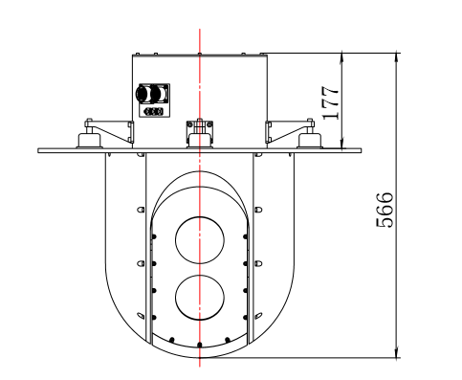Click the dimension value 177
tap(330, 102)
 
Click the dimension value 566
tap(385, 210)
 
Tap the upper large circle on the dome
tap(200, 240)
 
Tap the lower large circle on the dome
tap(200, 297)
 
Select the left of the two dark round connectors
tap(143, 94)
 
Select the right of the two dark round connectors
tap(158, 94)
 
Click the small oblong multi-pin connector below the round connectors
tap(154, 112)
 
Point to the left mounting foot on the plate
tap(90, 141)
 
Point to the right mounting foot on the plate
tap(310, 141)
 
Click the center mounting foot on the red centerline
tap(200, 141)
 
